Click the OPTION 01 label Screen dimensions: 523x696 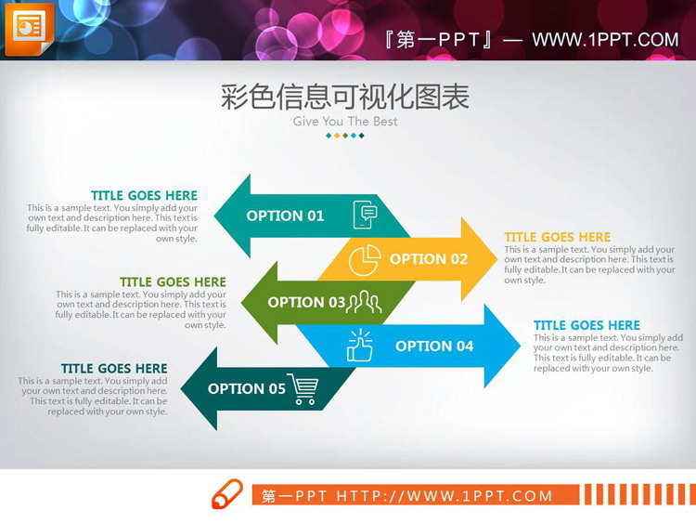point(285,216)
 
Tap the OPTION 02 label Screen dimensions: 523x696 point(429,259)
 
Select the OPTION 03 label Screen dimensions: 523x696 point(306,302)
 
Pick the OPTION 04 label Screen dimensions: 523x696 point(434,346)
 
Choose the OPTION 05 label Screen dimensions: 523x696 point(247,388)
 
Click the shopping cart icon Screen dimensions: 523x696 point(303,388)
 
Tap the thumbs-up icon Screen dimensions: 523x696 point(359,346)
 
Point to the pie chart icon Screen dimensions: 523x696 point(365,260)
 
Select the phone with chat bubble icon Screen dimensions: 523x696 point(366,215)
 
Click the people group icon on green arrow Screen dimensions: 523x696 point(365,301)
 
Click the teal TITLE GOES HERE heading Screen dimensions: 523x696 point(144,195)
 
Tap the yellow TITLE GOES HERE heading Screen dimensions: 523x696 point(558,237)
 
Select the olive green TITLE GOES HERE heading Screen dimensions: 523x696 point(173,281)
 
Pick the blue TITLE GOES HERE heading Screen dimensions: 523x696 point(586,325)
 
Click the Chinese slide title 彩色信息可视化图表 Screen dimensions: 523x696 point(345,97)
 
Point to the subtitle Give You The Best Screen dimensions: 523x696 point(345,121)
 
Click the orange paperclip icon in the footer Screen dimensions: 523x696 point(227,494)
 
